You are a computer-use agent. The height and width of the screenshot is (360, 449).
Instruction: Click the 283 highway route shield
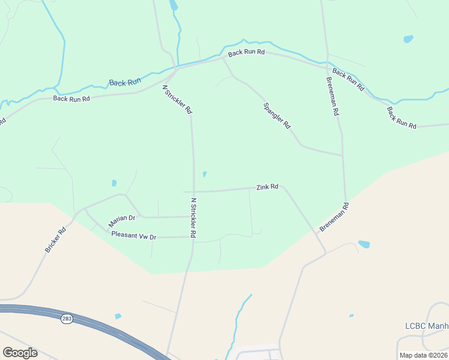(67, 319)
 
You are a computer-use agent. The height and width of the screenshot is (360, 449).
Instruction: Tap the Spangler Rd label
(277, 116)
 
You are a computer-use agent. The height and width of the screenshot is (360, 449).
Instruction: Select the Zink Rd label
(267, 187)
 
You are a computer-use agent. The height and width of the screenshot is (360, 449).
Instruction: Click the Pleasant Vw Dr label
(134, 236)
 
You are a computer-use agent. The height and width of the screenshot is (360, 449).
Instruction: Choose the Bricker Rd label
(55, 239)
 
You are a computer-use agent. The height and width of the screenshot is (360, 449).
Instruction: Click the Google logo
(20, 353)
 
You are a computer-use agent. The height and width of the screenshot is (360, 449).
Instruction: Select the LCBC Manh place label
(427, 326)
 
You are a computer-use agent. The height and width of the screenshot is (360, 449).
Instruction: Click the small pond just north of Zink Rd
(205, 175)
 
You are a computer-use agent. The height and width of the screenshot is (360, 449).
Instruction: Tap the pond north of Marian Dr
(114, 182)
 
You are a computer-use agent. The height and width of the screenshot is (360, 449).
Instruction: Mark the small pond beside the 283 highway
(118, 316)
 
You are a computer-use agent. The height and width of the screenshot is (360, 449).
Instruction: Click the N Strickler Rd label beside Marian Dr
(194, 217)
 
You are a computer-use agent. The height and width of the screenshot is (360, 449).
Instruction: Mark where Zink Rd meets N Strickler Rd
(193, 191)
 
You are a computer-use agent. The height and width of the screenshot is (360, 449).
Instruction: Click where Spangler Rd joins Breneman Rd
(342, 155)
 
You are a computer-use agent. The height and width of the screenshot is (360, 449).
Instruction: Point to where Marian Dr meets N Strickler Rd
(193, 217)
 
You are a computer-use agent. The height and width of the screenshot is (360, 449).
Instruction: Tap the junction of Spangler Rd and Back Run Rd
(223, 58)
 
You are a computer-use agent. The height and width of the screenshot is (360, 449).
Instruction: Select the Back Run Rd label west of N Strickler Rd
(71, 98)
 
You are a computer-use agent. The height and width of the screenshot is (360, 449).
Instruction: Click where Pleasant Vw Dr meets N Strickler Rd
(193, 237)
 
